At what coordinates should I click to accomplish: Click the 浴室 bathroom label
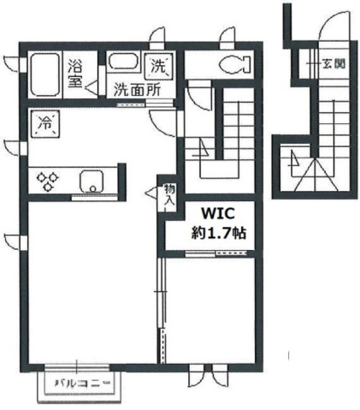pos(75,74)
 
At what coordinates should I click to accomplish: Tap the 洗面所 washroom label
pos(138,87)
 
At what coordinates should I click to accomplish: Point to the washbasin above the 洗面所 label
pos(124,62)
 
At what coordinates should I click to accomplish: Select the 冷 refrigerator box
pos(44,122)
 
